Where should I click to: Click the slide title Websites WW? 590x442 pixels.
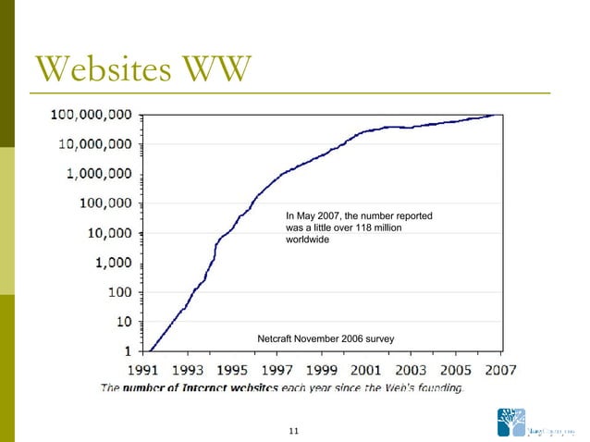click(x=141, y=67)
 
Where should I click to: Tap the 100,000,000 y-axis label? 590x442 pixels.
click(x=92, y=116)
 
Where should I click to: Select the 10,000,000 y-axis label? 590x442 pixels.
click(x=95, y=145)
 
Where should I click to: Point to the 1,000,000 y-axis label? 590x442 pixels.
click(x=100, y=175)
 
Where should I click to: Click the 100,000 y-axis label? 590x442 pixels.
click(x=104, y=204)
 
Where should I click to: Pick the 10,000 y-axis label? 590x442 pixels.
click(x=109, y=234)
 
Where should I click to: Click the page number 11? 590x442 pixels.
click(x=295, y=431)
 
